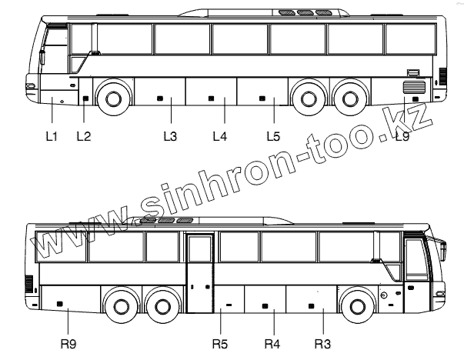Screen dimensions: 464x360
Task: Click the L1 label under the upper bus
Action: coord(52,136)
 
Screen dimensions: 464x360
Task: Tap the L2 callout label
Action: coord(84,136)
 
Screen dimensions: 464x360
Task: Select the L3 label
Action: coord(170,136)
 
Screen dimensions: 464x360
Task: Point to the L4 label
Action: coord(220,136)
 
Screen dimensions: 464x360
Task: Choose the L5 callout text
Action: coord(273,136)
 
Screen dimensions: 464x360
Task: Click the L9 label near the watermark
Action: coord(402,136)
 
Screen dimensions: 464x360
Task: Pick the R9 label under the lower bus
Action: coord(68,344)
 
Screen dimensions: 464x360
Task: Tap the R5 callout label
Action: coord(220,344)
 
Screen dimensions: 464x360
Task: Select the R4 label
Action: coord(272,344)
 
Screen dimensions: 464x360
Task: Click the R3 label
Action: coord(322,344)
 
